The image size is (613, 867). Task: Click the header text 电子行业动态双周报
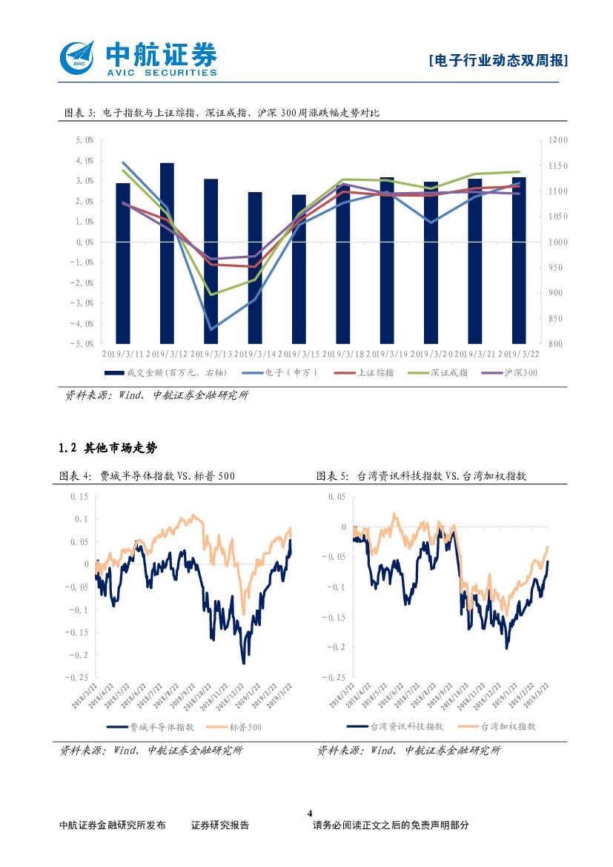pyautogui.click(x=499, y=61)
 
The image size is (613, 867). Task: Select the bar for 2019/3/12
pyautogui.click(x=168, y=252)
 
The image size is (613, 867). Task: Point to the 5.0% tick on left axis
pyautogui.click(x=84, y=140)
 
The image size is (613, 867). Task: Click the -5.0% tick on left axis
pyautogui.click(x=82, y=344)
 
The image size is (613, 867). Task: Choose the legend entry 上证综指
pyautogui.click(x=375, y=372)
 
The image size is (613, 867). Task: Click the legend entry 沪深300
pyautogui.click(x=520, y=372)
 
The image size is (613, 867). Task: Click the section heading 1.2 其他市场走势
pyautogui.click(x=108, y=448)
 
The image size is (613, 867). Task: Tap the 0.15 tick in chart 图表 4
pyautogui.click(x=79, y=496)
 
